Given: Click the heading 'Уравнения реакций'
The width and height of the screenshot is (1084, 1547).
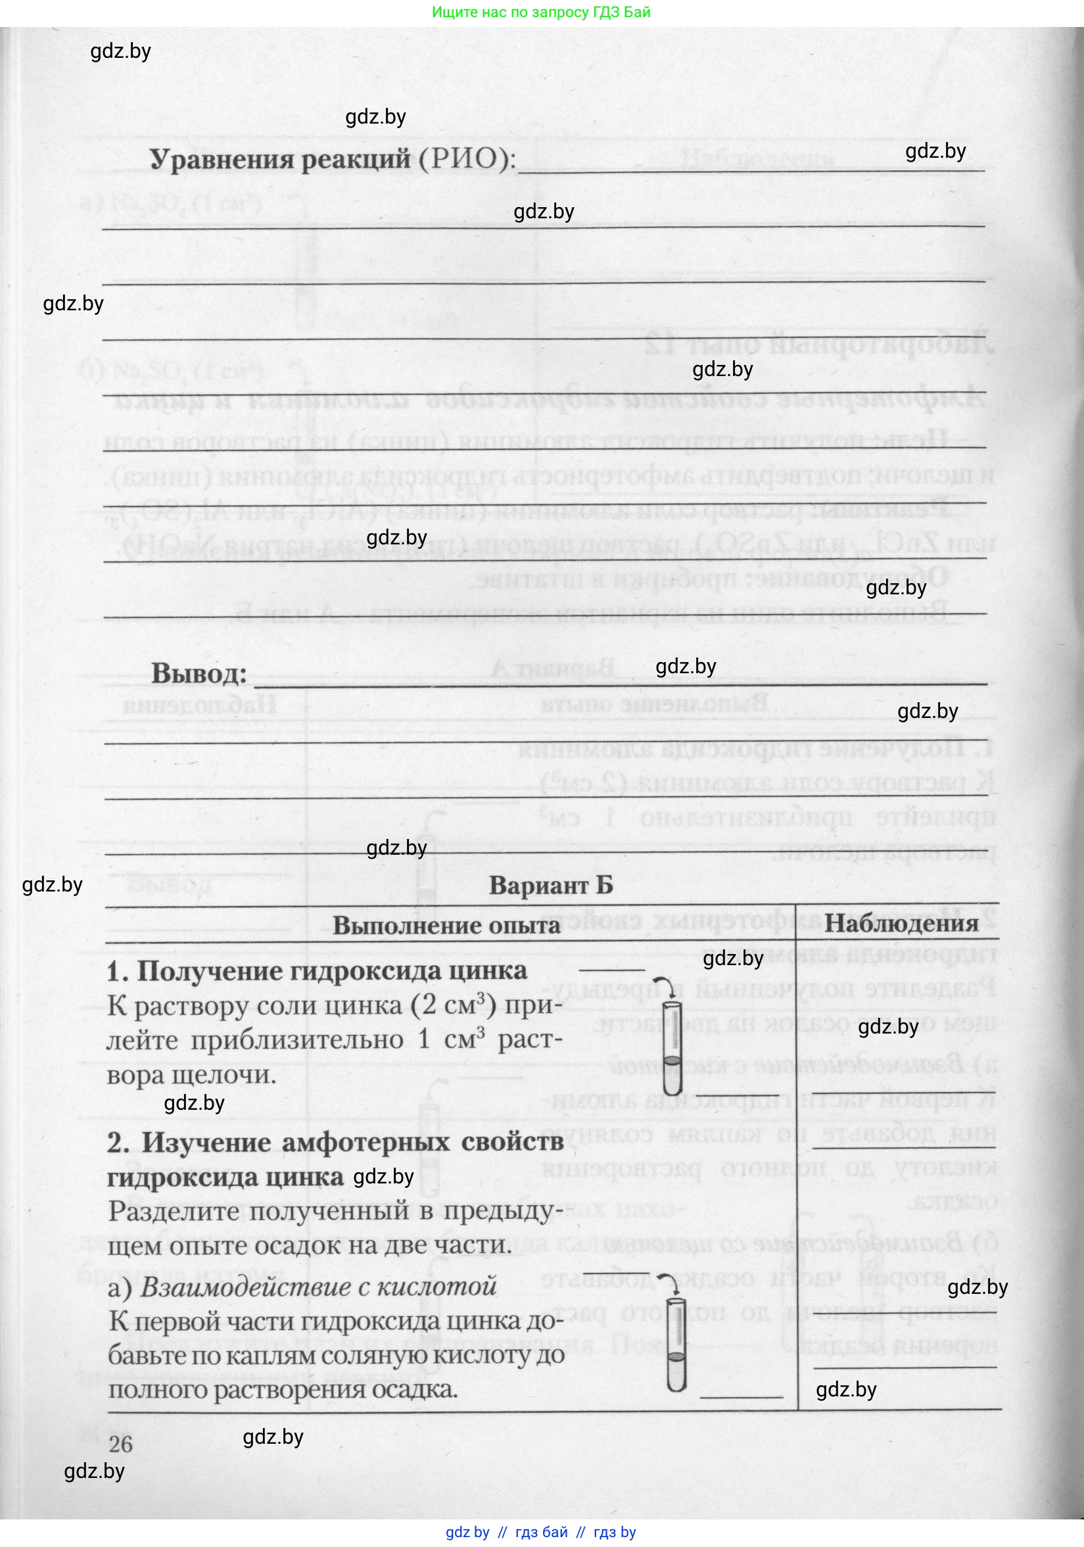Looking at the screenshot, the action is click(279, 160).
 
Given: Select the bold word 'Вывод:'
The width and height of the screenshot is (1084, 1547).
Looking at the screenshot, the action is click(199, 674).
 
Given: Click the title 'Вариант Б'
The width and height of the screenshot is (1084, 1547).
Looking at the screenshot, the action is click(550, 886).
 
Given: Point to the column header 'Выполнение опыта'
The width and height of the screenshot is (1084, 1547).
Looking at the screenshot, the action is click(446, 926).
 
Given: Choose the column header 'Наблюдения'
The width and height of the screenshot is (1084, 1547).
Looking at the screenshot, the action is click(901, 924).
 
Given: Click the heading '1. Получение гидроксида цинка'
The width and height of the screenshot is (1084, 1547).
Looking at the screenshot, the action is click(317, 971).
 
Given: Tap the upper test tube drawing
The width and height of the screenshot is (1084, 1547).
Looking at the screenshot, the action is click(672, 1043).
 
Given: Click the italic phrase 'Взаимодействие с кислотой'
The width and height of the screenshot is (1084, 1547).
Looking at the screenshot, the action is click(319, 1286).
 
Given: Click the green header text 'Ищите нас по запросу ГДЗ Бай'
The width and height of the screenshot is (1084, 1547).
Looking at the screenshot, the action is click(541, 12).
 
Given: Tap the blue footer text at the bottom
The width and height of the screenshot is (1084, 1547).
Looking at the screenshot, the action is click(541, 1532).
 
